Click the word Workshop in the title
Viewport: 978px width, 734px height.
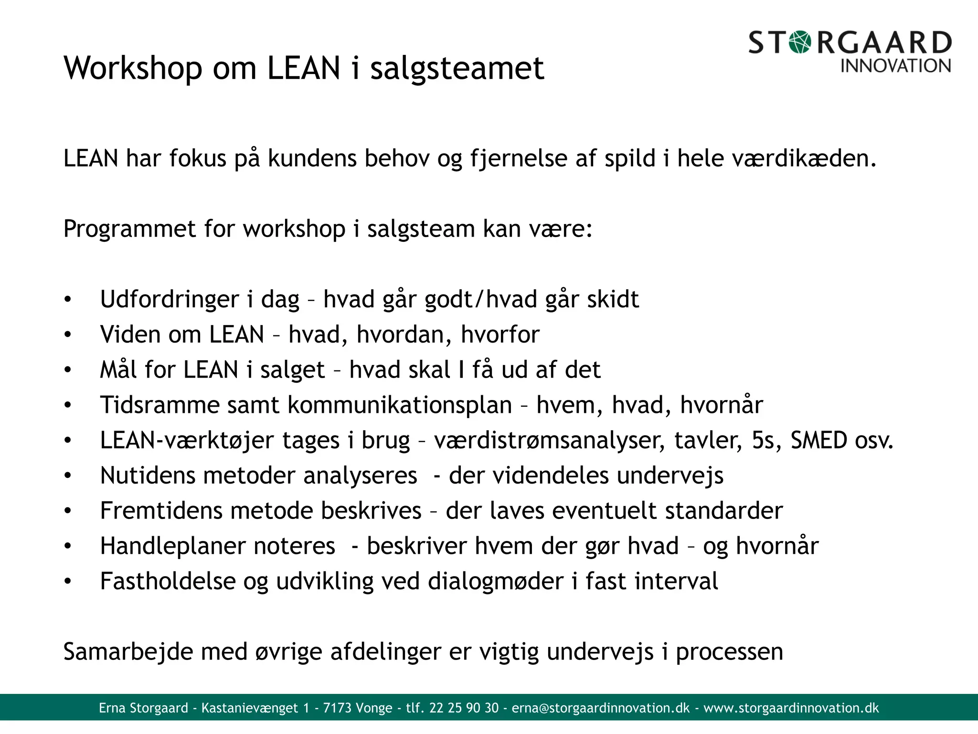[x=133, y=68]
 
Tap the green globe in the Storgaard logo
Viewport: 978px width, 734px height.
[x=800, y=43]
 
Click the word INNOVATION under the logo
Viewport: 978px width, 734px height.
[x=895, y=66]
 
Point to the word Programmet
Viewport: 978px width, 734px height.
[x=129, y=229]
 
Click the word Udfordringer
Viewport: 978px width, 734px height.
[x=169, y=300]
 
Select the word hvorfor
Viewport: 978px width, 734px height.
[x=500, y=335]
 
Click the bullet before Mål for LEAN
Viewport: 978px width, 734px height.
[x=68, y=370]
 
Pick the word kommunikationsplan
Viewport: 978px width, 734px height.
[x=400, y=405]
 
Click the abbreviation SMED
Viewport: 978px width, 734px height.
[x=819, y=440]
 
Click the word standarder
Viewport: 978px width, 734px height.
[x=724, y=511]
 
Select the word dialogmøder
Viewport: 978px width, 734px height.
[x=495, y=582]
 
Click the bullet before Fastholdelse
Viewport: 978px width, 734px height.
[x=68, y=582]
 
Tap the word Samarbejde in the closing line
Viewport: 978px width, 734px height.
[x=128, y=652]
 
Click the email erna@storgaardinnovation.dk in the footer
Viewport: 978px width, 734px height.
[x=601, y=708]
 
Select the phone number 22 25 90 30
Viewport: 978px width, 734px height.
[x=464, y=708]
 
